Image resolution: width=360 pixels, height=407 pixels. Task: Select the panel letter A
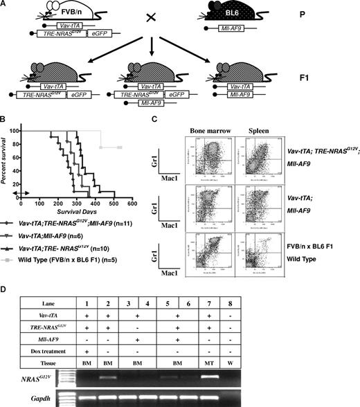(6, 6)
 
